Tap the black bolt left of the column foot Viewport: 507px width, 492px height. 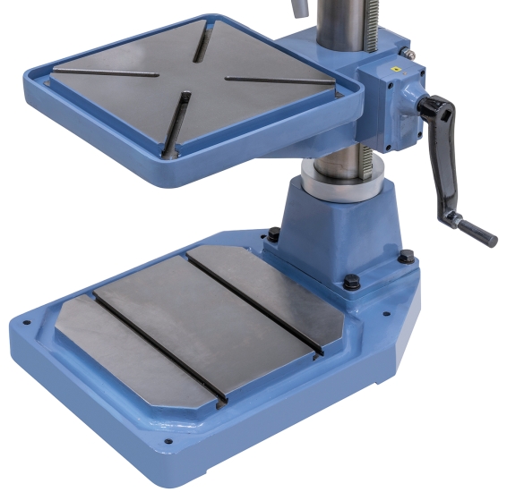pos(273,236)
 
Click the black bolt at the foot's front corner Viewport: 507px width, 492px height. pos(351,284)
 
